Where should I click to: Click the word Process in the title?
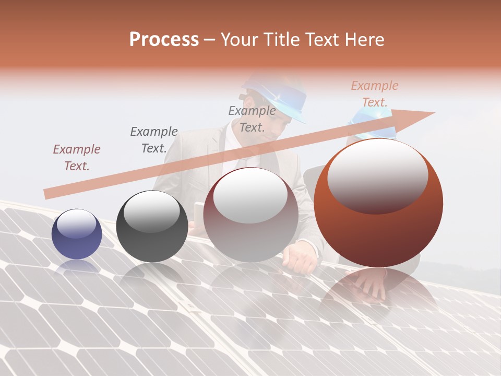click(x=164, y=40)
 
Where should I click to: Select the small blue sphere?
click(x=77, y=234)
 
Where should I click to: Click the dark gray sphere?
click(x=152, y=227)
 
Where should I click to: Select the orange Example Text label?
click(x=374, y=94)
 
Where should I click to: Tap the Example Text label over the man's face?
click(x=252, y=119)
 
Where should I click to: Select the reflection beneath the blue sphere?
click(x=77, y=267)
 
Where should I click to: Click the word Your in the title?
click(x=240, y=40)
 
